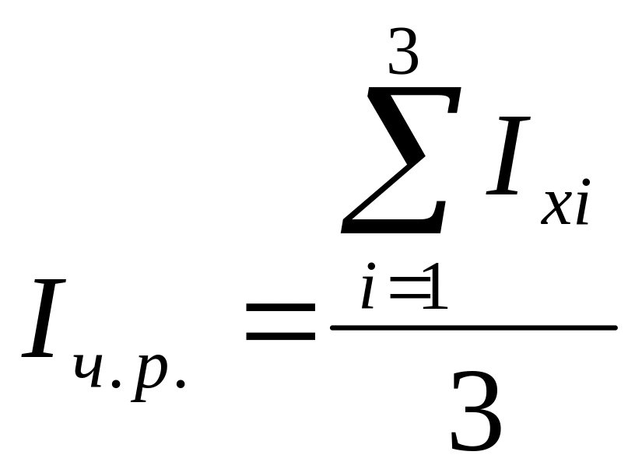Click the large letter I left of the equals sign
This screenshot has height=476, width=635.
[47, 320]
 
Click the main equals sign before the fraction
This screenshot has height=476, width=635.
[281, 321]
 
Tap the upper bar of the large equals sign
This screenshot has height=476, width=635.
[281, 308]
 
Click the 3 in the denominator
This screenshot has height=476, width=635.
[475, 412]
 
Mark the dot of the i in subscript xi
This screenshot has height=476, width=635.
[584, 184]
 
